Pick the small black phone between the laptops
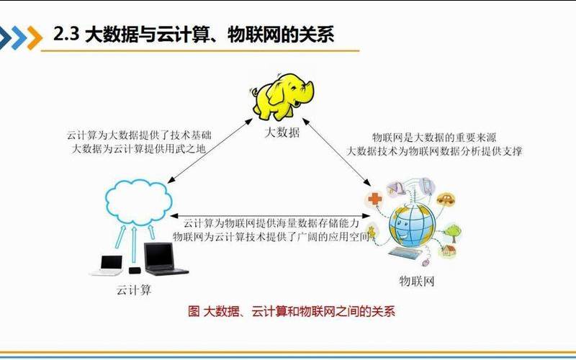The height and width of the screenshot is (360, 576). (135, 270)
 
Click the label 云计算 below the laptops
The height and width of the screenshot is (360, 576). (134, 290)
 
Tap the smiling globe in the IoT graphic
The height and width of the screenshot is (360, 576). (412, 222)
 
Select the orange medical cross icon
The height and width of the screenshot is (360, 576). (374, 199)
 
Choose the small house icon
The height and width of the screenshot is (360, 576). (449, 251)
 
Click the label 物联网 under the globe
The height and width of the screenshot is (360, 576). (417, 280)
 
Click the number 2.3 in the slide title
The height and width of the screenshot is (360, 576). (66, 35)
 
